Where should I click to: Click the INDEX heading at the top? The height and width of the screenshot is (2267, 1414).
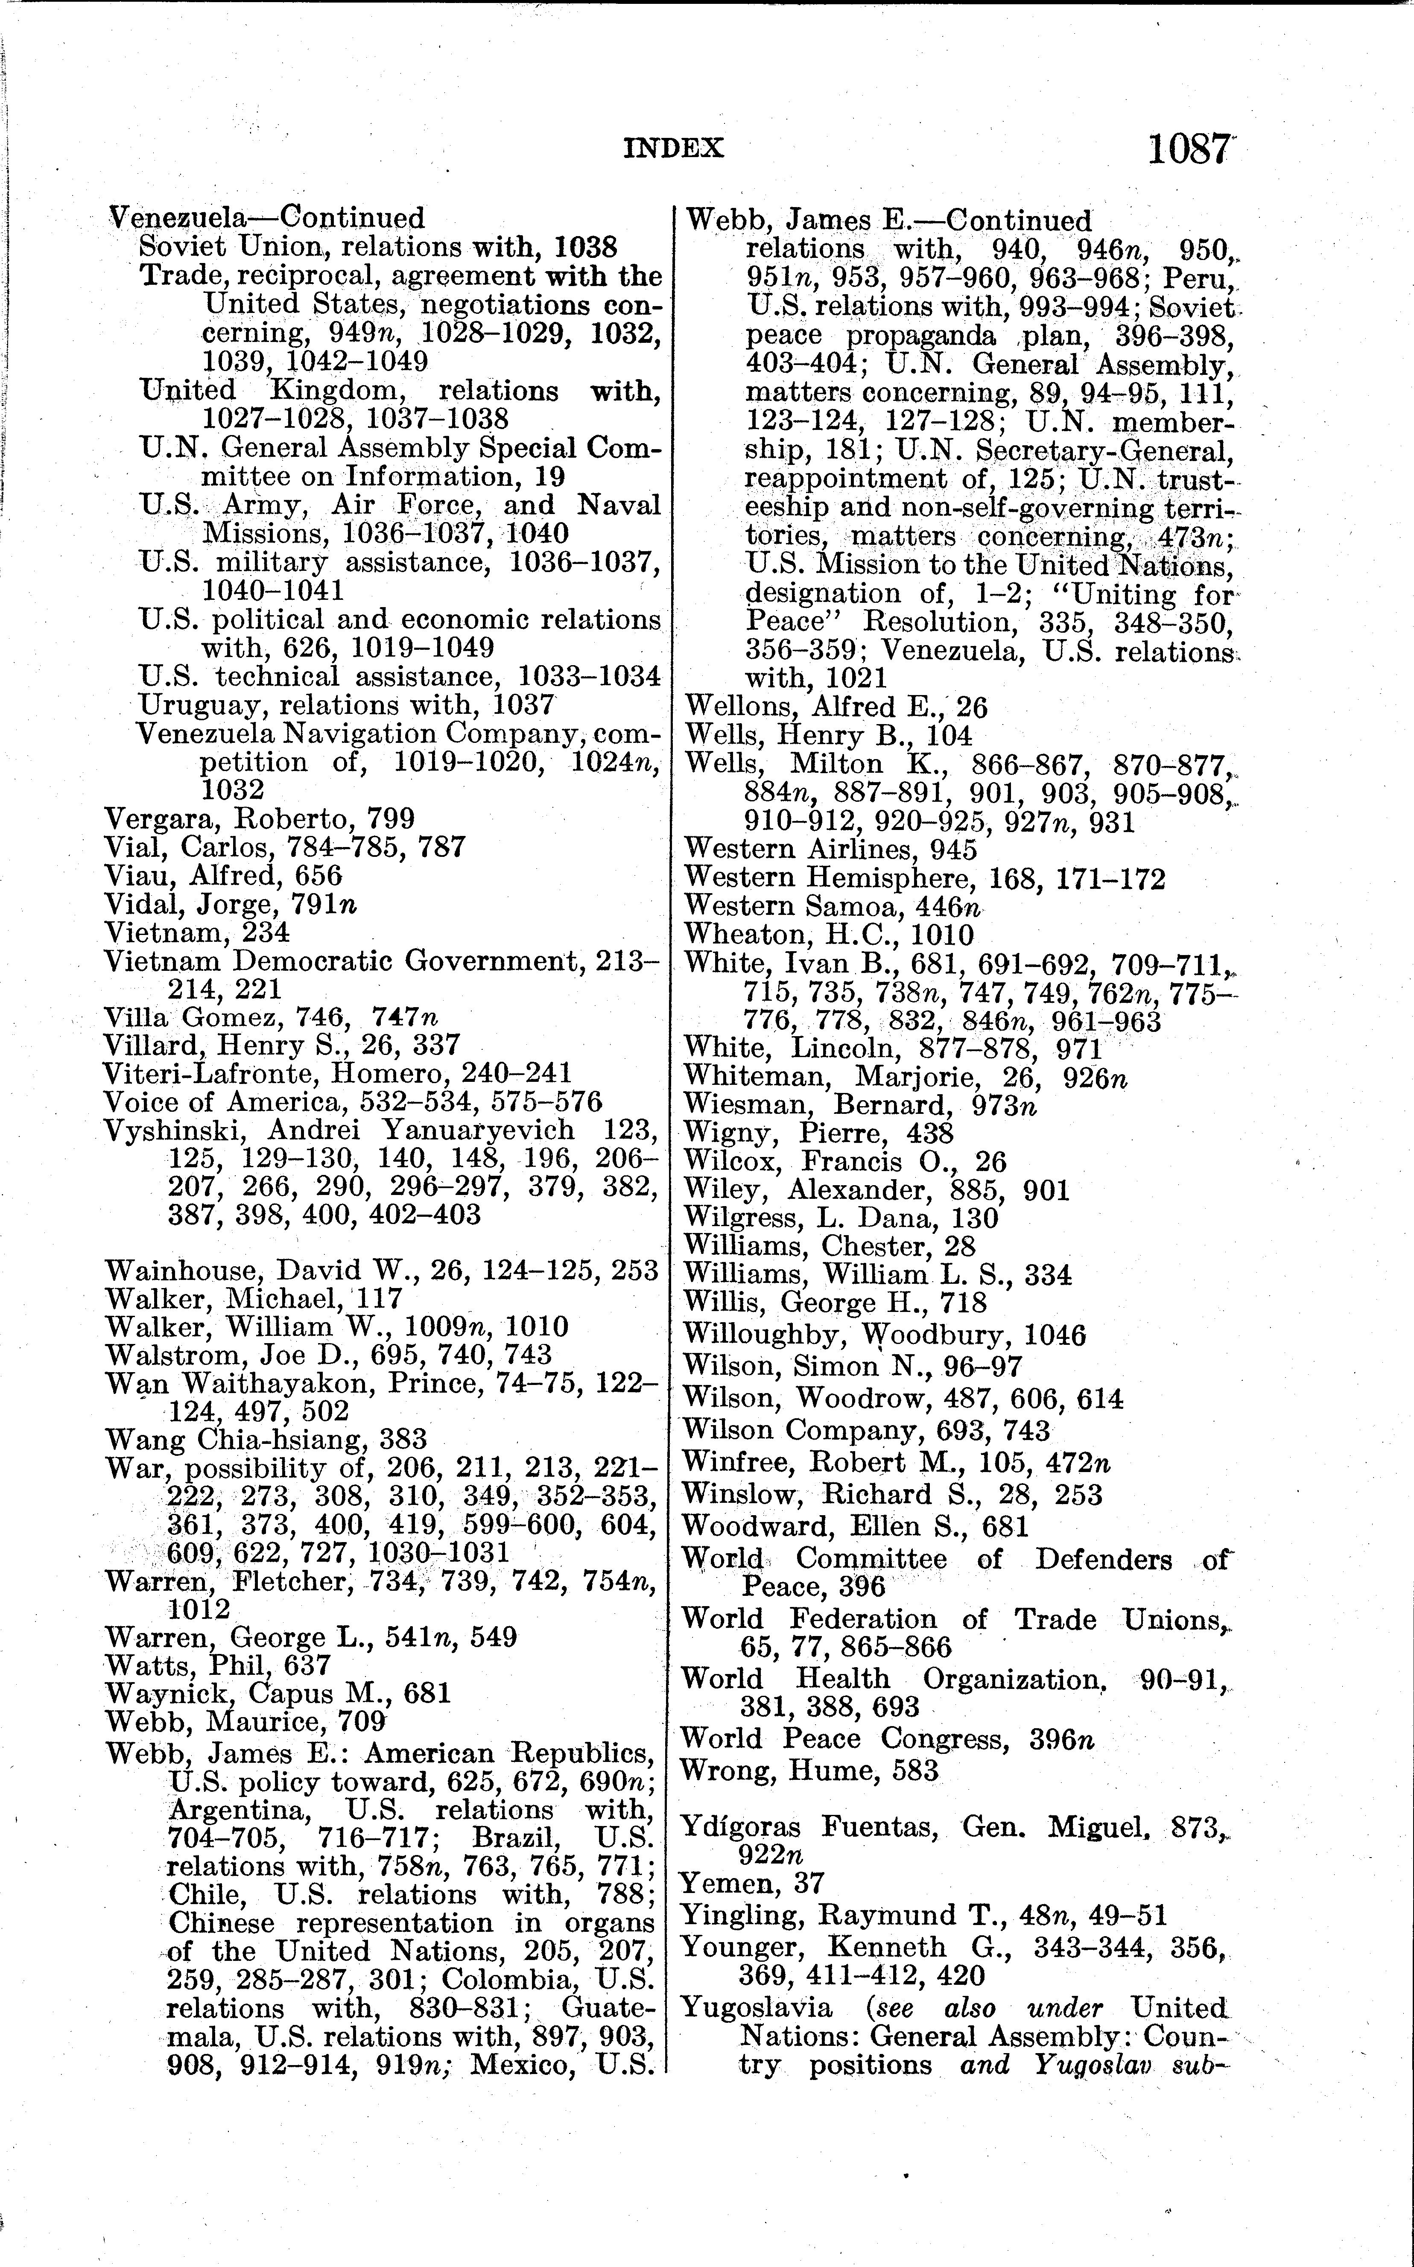click(673, 148)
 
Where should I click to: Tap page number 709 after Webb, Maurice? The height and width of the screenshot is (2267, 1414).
click(363, 1721)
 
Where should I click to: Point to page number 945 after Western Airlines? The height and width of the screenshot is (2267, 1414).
click(953, 849)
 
